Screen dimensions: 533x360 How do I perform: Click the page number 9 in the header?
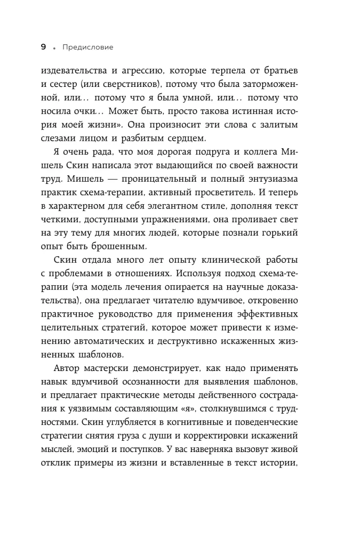pyautogui.click(x=44, y=47)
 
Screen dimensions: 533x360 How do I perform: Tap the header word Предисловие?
pyautogui.click(x=87, y=47)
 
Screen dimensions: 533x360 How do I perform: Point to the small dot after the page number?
pyautogui.click(x=54, y=49)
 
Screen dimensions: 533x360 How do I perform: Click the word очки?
pyautogui.click(x=84, y=112)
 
